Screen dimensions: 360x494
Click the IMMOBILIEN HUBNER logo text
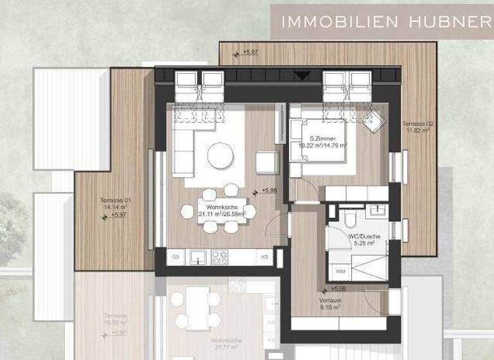coord(382,21)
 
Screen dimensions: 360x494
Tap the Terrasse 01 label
coord(116,204)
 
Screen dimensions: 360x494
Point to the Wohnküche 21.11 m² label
coord(222,210)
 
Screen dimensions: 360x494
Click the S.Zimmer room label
coord(327,142)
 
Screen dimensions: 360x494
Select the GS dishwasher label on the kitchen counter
coord(176,257)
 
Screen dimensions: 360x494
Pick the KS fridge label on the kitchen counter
coord(264,257)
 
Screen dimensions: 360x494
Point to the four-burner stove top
coord(220,257)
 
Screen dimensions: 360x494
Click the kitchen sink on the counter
coord(198,257)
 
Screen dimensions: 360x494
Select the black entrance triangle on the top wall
coord(302,75)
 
